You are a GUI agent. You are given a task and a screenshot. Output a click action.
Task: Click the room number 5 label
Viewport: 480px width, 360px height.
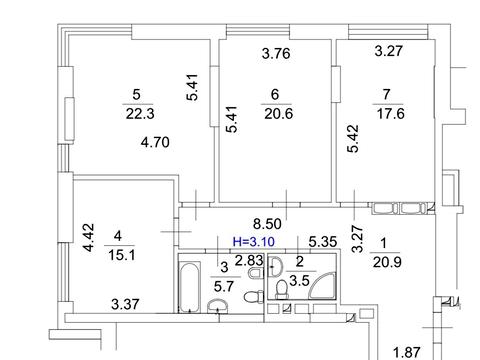136,94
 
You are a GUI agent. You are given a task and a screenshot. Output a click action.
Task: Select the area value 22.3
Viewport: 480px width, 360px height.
140,114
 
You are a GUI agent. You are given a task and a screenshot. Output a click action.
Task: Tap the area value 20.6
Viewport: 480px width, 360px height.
279,114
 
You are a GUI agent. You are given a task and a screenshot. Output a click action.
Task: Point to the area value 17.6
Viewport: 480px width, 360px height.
391,114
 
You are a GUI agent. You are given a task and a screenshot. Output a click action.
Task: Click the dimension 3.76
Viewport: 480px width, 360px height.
276,53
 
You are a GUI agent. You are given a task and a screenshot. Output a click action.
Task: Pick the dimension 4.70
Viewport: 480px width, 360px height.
155,142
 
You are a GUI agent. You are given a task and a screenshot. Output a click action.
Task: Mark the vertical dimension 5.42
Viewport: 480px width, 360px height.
353,138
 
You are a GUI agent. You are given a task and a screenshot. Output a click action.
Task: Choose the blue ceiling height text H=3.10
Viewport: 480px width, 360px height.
254,241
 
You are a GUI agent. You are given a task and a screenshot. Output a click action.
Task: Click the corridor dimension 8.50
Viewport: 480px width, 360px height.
267,224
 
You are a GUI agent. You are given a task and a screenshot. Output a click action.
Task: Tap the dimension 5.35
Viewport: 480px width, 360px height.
323,242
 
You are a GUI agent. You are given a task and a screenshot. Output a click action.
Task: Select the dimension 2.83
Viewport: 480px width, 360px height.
249,260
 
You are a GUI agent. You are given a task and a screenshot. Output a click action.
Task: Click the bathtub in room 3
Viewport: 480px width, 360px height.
190,287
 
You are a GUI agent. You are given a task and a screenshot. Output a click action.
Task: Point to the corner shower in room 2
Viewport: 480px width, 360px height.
323,286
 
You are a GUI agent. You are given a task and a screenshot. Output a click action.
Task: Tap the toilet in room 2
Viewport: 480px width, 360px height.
282,289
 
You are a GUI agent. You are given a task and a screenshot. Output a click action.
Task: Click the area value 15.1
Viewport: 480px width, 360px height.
122,255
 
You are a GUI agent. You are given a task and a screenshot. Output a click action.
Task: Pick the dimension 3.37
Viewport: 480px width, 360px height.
125,304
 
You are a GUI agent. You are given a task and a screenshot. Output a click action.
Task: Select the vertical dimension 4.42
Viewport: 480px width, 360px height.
89,237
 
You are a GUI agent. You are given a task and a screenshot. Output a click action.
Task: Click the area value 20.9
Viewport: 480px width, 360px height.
387,262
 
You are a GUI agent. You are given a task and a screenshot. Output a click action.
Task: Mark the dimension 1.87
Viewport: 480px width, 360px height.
407,352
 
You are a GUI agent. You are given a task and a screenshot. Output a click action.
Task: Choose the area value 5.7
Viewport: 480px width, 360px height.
223,286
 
